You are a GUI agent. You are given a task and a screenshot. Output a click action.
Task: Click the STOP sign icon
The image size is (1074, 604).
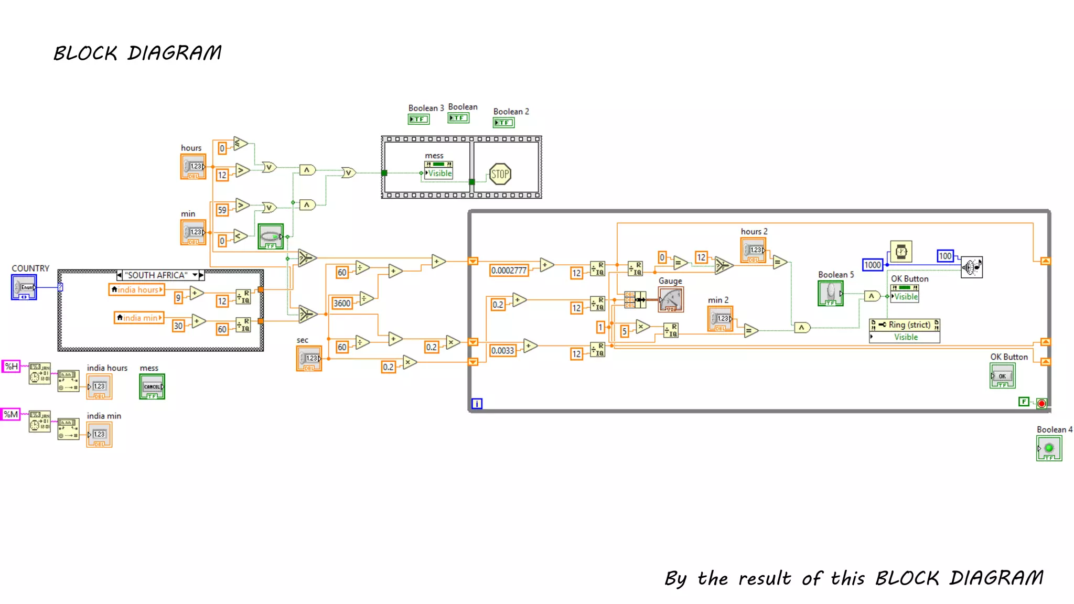[x=500, y=174]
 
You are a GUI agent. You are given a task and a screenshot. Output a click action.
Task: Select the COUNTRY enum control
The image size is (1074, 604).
[x=24, y=287]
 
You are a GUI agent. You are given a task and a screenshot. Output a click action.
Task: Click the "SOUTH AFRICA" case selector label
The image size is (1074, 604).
[x=156, y=275]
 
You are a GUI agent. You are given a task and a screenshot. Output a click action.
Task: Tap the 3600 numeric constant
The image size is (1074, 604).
[x=342, y=303]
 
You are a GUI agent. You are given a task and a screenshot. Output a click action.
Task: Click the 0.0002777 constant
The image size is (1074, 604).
[x=509, y=271]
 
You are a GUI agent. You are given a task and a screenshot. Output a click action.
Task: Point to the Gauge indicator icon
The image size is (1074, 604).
[x=671, y=300]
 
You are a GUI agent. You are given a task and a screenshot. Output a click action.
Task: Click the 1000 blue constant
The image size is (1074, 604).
[x=873, y=265]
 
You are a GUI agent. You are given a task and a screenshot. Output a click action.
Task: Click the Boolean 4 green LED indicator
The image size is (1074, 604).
[x=1049, y=448]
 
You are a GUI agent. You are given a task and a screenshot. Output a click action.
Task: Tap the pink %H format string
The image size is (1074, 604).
[x=11, y=366]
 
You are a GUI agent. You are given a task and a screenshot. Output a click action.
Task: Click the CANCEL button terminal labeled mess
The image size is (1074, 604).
[x=152, y=386]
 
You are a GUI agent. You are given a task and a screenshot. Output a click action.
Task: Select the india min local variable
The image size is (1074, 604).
[x=139, y=318]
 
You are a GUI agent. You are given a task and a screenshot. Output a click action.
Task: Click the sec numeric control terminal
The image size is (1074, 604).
[x=309, y=359]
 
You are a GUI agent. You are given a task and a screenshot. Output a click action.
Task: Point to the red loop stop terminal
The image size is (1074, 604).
[x=1041, y=403]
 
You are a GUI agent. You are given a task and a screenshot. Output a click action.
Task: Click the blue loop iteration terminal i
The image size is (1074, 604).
[x=477, y=403]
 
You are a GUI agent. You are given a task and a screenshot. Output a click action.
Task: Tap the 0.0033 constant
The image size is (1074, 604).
[x=502, y=350]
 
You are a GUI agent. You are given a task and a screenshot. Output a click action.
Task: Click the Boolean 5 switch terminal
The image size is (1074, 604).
[x=831, y=293]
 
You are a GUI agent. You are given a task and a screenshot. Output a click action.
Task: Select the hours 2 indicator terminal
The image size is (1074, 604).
[x=753, y=251]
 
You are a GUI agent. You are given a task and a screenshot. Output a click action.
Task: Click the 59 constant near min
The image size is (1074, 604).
[x=222, y=210]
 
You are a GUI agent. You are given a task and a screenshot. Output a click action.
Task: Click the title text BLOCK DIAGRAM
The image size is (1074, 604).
[x=137, y=53]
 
